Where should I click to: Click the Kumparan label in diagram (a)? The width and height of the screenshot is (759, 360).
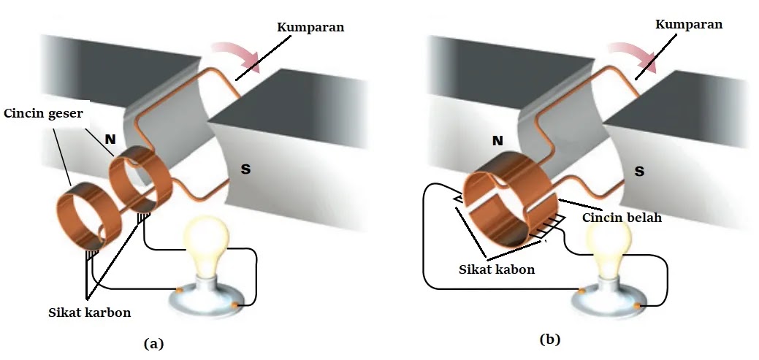tap(310, 27)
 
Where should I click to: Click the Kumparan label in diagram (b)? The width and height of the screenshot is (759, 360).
tap(689, 24)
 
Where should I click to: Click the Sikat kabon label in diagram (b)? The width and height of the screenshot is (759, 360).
tap(496, 269)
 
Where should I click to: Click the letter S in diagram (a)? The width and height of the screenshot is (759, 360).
tap(245, 169)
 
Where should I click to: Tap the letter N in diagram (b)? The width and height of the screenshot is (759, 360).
tap(497, 140)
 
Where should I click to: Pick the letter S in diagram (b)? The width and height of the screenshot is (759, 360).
tap(639, 172)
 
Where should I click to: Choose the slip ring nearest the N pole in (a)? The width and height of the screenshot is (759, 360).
tap(139, 181)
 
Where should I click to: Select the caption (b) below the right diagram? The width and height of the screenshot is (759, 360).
tap(550, 339)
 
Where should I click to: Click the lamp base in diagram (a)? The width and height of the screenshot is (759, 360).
tap(205, 299)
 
